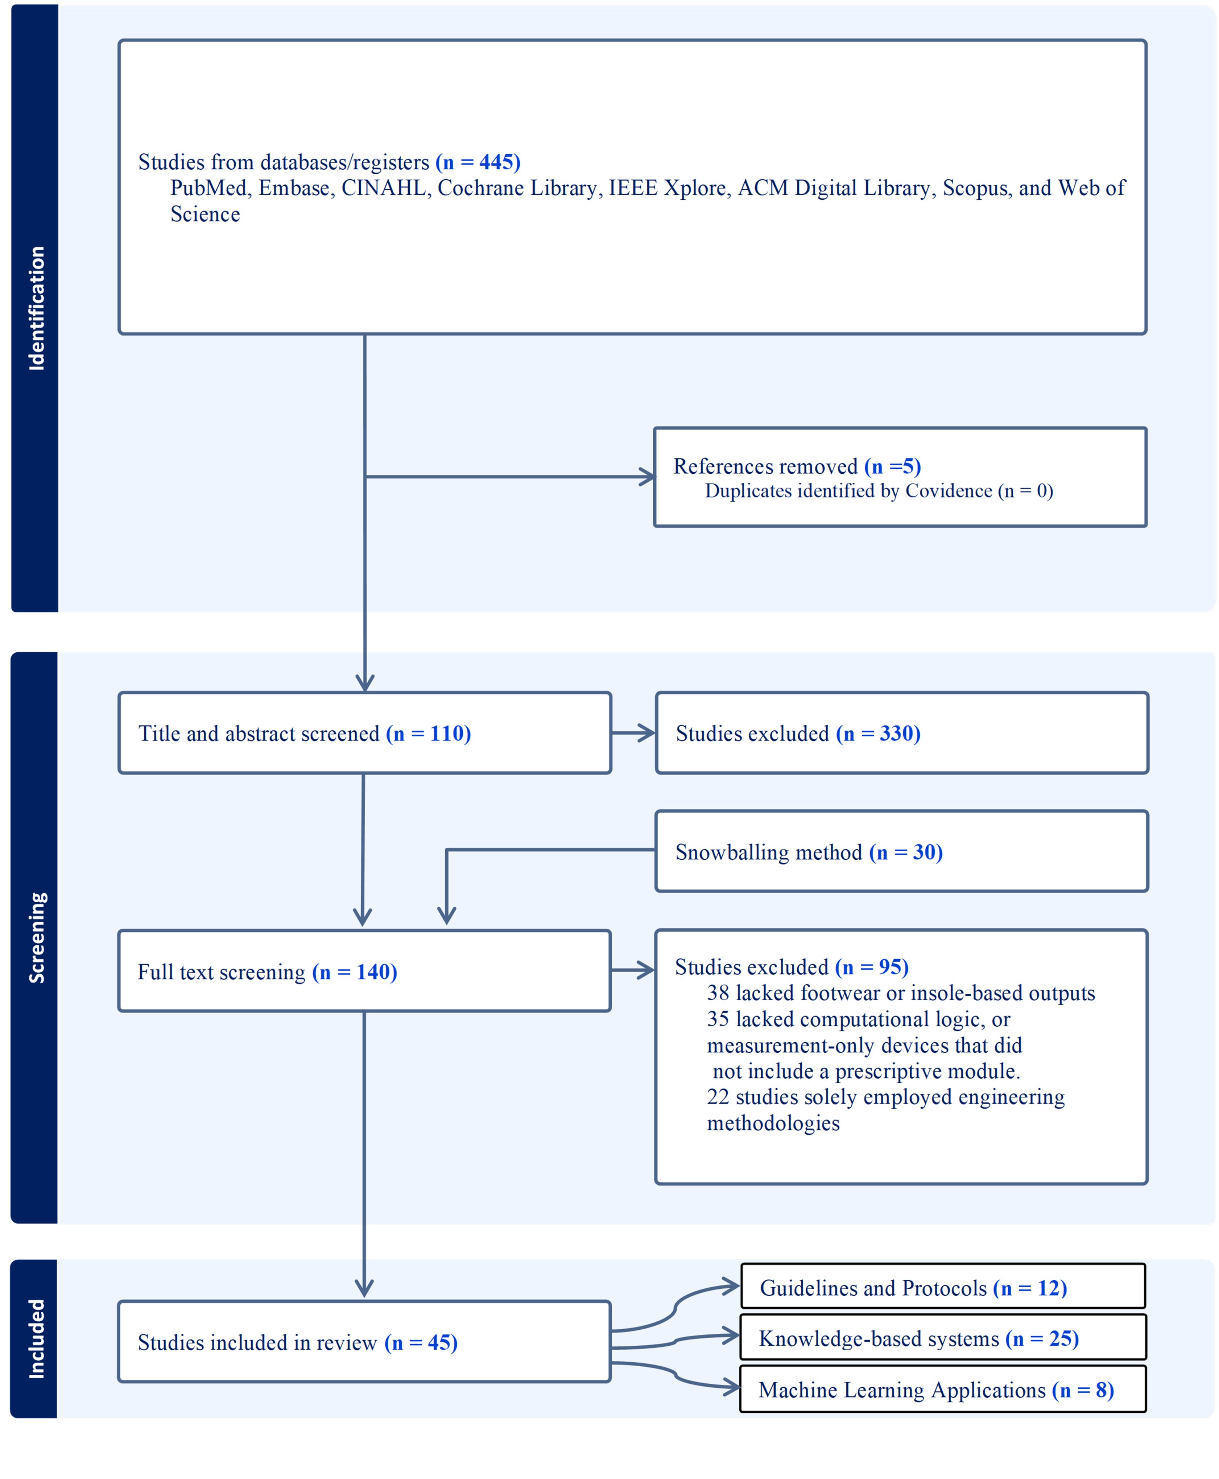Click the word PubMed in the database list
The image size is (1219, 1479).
(x=208, y=188)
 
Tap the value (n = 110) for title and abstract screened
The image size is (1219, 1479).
(x=428, y=734)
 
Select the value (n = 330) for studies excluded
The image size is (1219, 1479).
(x=878, y=734)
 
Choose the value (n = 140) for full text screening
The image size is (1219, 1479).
(x=355, y=972)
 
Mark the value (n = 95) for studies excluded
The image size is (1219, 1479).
(x=871, y=967)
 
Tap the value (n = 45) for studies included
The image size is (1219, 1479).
(x=421, y=1343)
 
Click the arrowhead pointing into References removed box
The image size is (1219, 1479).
(x=648, y=477)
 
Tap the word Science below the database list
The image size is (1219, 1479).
(x=205, y=214)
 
